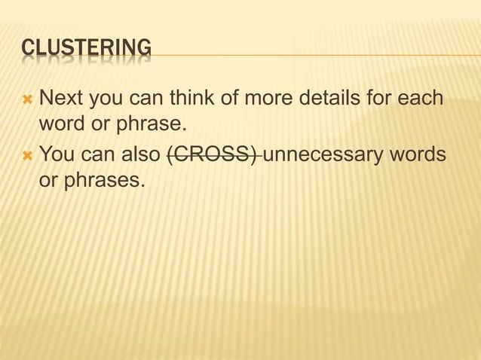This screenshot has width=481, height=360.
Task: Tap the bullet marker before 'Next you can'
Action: pyautogui.click(x=28, y=99)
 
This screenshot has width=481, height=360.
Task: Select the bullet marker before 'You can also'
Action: pyautogui.click(x=28, y=156)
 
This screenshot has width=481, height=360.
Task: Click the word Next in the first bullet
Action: pyautogui.click(x=61, y=98)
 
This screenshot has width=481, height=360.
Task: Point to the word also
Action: pyautogui.click(x=139, y=155)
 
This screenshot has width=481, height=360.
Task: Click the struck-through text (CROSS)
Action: pyautogui.click(x=213, y=155)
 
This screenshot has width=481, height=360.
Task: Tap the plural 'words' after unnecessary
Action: pyautogui.click(x=418, y=155)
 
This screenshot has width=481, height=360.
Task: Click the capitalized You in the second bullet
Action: pyautogui.click(x=57, y=155)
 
